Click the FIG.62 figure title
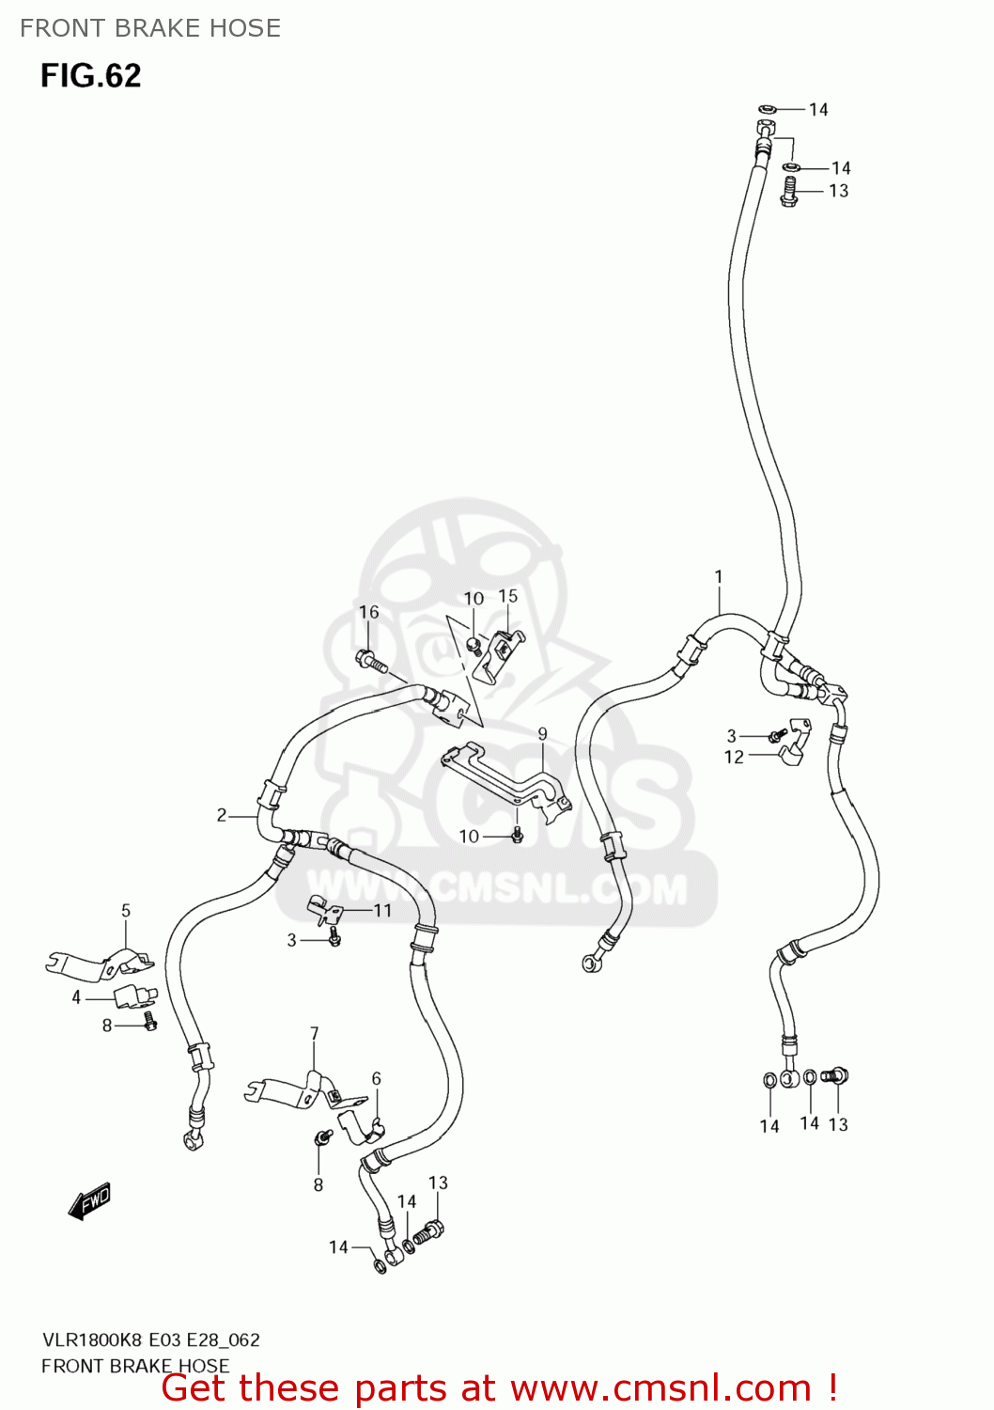point(90,75)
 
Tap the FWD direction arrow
point(89,1200)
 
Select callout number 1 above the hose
point(719,576)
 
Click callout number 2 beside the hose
point(222,816)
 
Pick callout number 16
point(368,612)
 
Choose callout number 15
point(507,596)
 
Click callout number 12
point(734,757)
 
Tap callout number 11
point(382,910)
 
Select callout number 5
point(126,910)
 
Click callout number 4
point(76,997)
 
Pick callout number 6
point(376,1078)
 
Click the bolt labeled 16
point(372,662)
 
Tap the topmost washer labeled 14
point(767,109)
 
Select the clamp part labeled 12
point(794,742)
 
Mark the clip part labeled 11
point(324,910)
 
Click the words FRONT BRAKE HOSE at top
point(150,28)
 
